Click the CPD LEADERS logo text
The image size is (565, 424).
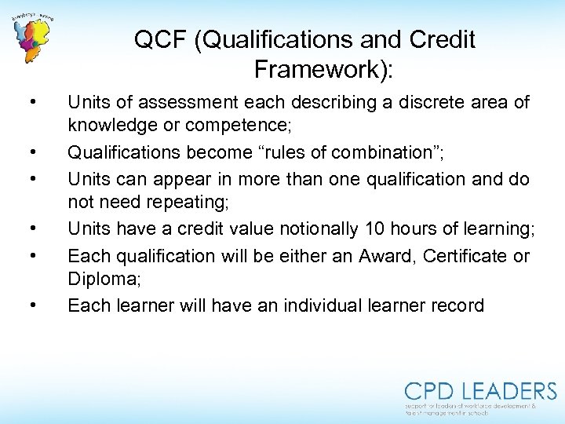[x=480, y=392]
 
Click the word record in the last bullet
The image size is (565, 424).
[x=456, y=305]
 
